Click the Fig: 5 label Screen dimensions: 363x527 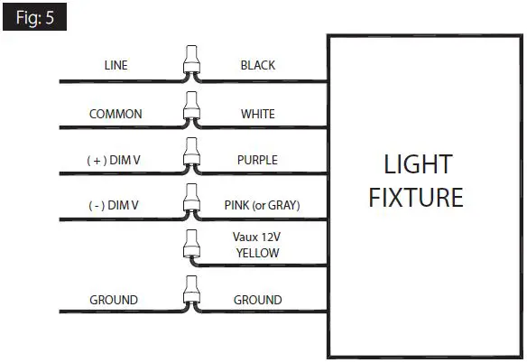33,16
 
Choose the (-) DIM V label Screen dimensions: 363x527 113,205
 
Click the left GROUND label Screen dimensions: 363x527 113,300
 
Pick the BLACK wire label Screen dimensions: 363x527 257,65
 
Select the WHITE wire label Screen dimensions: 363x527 257,115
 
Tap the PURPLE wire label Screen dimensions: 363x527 257,160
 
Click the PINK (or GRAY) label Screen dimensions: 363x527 261,205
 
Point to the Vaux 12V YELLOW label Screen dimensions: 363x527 257,247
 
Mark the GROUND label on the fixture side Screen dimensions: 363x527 257,300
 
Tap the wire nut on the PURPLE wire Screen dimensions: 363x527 190,156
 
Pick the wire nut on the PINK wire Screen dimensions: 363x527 190,201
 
